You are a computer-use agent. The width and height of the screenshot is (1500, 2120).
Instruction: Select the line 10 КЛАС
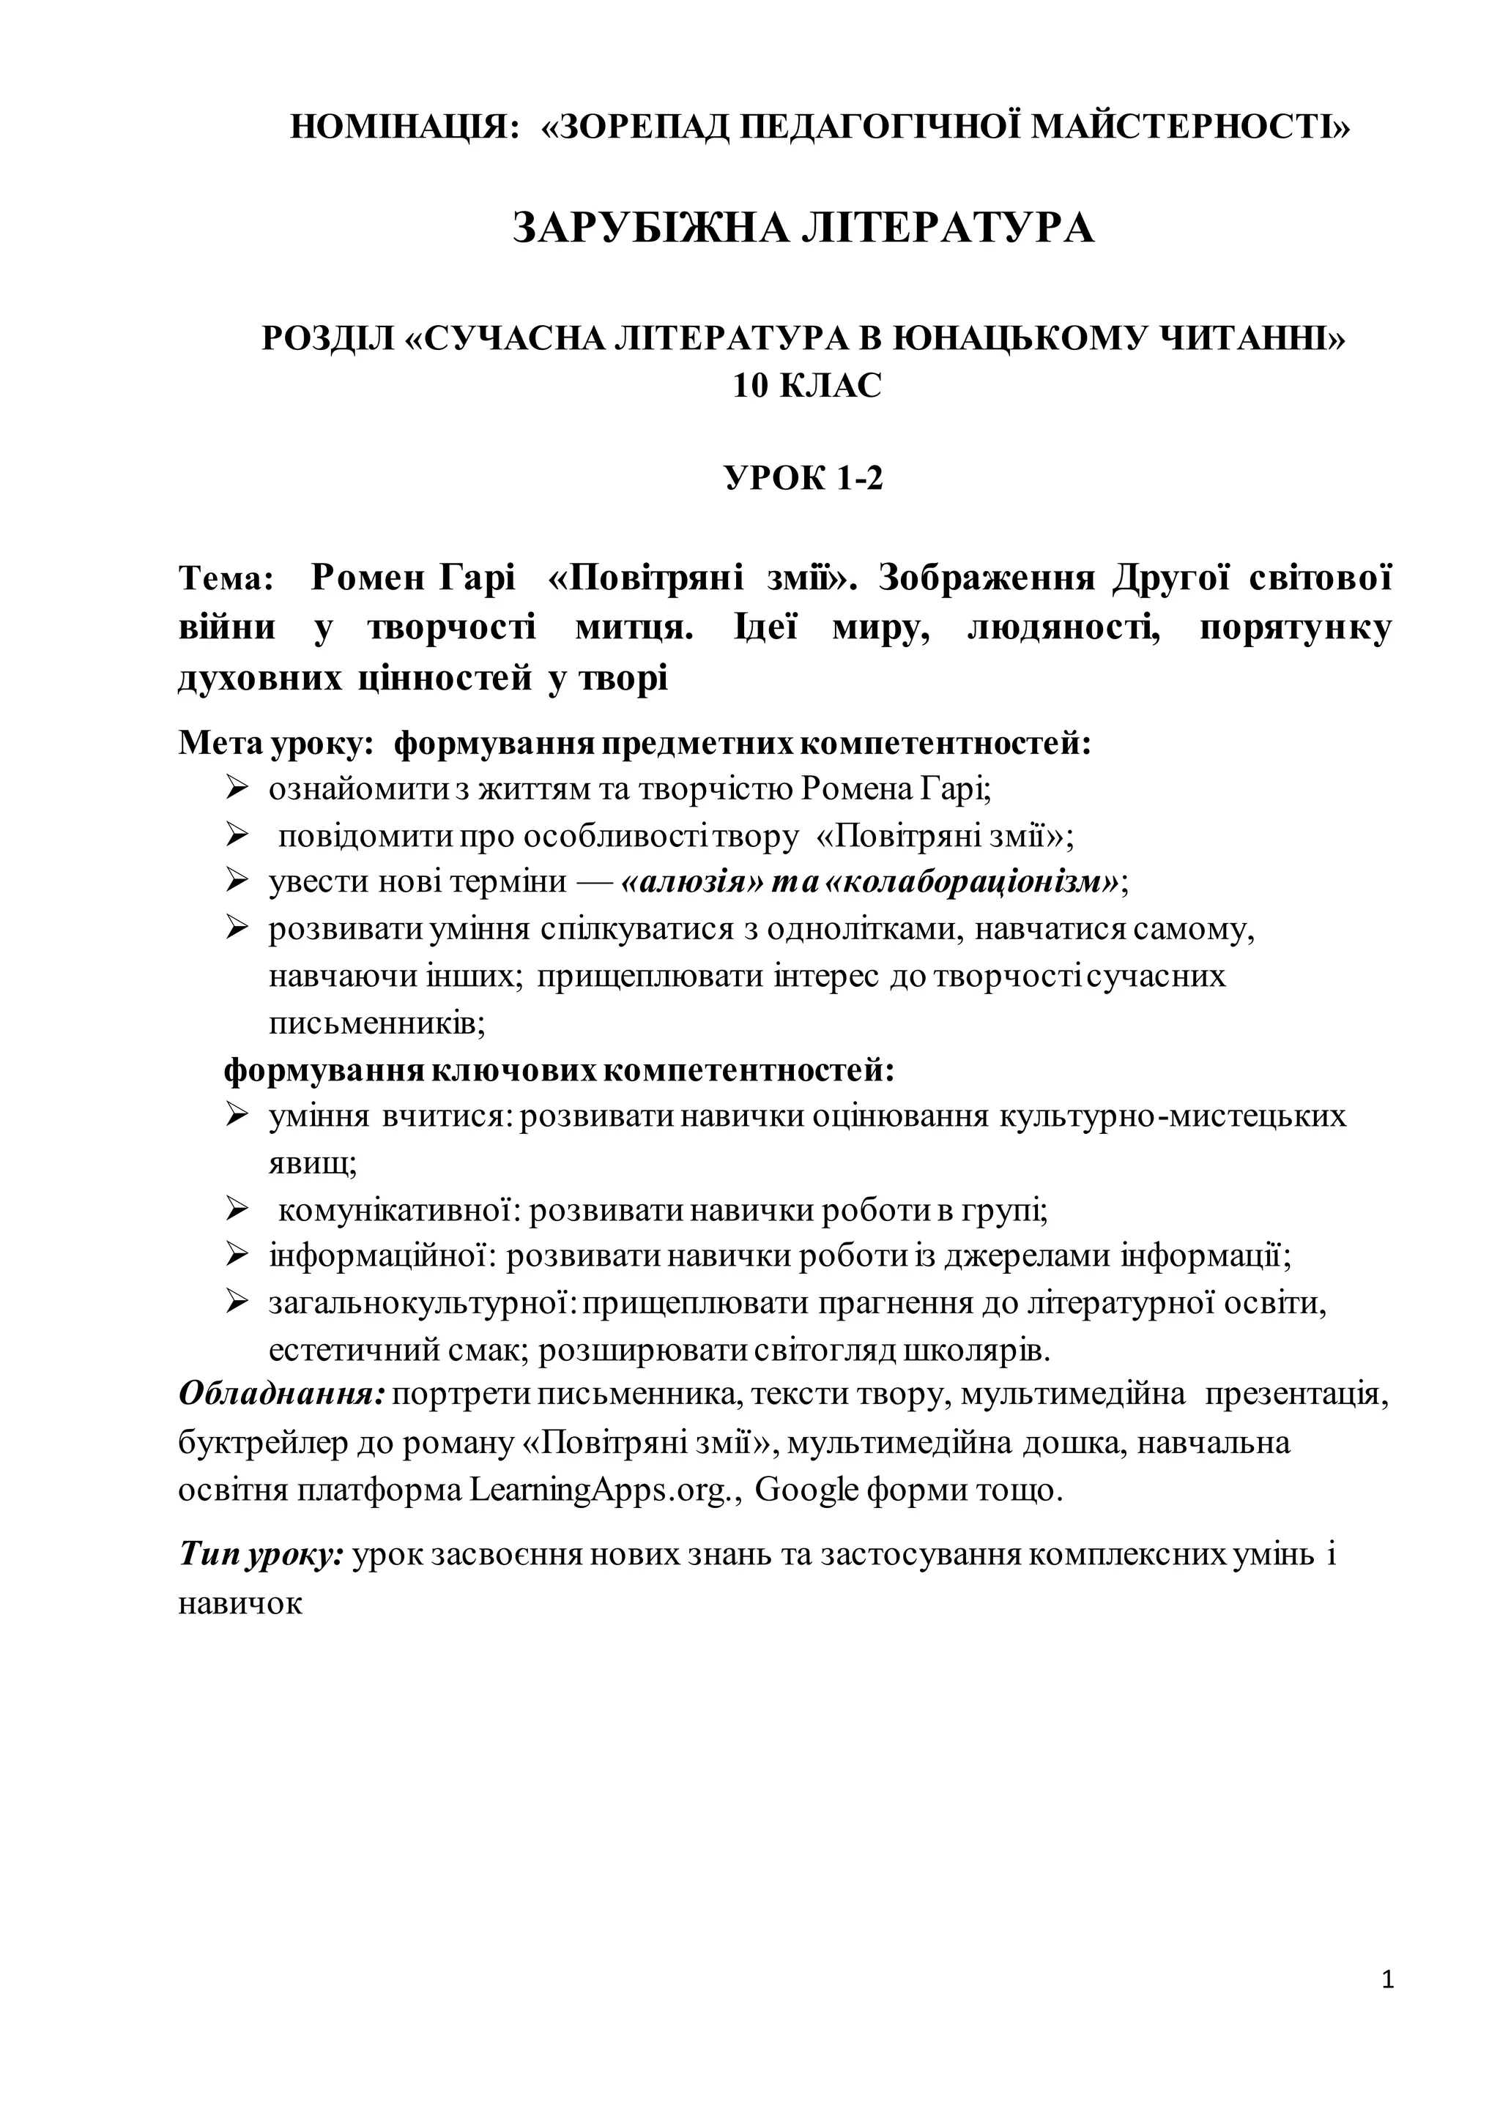(807, 386)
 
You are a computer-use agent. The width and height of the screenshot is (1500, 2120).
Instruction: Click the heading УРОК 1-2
(803, 478)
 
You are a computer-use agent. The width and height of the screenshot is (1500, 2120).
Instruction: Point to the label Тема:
(226, 579)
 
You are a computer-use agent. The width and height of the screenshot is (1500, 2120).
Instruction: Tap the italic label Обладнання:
(282, 1393)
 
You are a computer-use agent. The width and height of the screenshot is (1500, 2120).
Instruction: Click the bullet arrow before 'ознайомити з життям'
(237, 788)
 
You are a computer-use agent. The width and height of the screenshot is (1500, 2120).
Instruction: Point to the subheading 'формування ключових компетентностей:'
(560, 1071)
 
